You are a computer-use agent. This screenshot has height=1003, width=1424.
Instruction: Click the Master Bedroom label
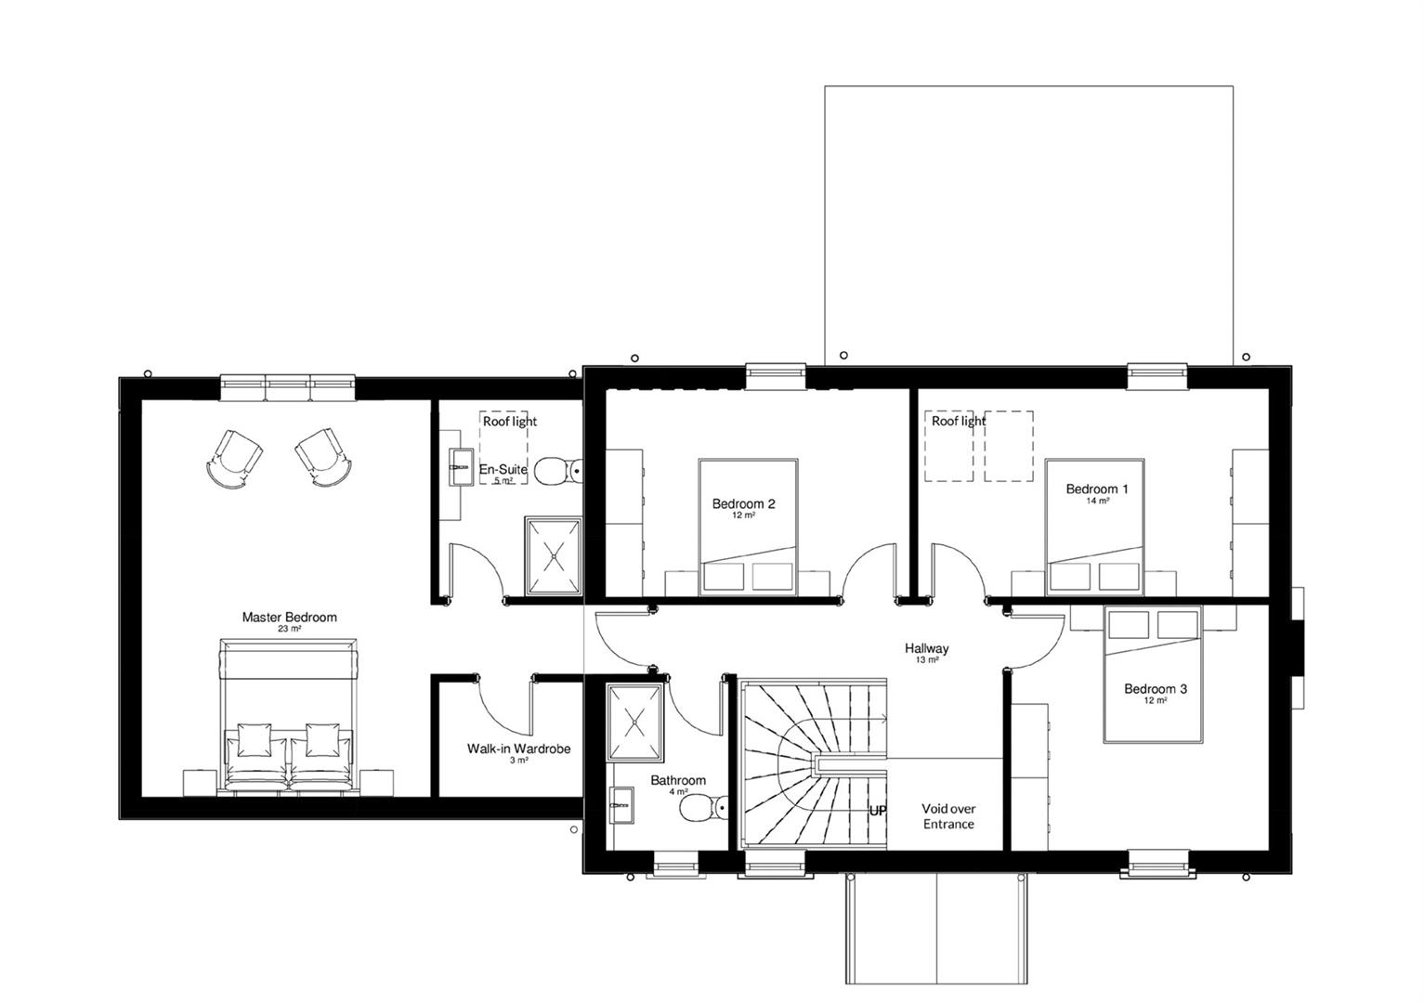coord(289,617)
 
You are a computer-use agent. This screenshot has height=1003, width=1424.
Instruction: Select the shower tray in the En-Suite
coord(553,557)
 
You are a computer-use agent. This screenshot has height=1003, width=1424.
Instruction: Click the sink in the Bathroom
coord(621,805)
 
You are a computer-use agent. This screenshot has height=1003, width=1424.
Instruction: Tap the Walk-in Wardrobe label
coord(518,749)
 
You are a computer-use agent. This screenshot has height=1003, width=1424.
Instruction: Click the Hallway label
coord(927,648)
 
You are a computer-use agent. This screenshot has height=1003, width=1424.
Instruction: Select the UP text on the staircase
coord(877,811)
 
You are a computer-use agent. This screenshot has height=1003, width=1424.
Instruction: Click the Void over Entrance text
coord(948,816)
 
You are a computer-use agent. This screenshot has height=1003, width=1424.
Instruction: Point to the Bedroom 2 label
coord(743,503)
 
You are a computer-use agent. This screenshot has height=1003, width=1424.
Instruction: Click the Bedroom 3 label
coord(1156,688)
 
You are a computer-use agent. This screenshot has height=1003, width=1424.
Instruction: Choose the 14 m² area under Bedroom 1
coord(1097,501)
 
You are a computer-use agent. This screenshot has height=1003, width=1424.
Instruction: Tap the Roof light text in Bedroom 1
coord(959,421)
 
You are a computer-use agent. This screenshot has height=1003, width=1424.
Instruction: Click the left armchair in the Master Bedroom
coord(234,458)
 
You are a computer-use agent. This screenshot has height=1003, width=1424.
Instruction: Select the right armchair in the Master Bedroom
coord(323,456)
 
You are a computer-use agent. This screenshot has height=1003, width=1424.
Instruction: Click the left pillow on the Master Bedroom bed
coord(255,740)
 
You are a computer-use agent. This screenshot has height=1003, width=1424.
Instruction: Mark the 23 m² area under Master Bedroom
coord(289,629)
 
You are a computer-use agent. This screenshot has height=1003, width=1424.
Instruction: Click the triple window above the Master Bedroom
coord(287,387)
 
